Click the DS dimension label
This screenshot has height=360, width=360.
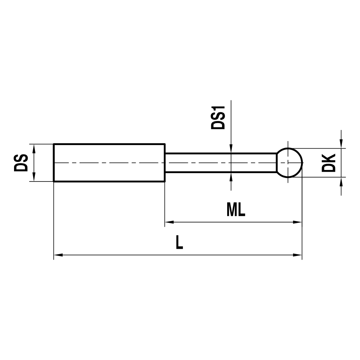pyautogui.click(x=21, y=163)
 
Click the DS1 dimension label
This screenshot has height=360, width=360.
pyautogui.click(x=218, y=117)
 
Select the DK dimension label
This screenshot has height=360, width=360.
pyautogui.click(x=328, y=163)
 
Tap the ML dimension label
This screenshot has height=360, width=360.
pyautogui.click(x=236, y=210)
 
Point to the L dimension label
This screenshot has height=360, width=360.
pyautogui.click(x=179, y=242)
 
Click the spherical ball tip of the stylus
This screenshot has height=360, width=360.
pyautogui.click(x=289, y=163)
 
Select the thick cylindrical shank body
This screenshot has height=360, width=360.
pyautogui.click(x=109, y=163)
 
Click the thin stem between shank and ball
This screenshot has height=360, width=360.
pyautogui.click(x=220, y=163)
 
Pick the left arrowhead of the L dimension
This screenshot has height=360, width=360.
pyautogui.click(x=58, y=255)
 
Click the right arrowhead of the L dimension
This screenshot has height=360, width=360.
pyautogui.click(x=297, y=255)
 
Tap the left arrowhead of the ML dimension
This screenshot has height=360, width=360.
pyautogui.click(x=169, y=222)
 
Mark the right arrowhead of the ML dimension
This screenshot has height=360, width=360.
pyautogui.click(x=297, y=222)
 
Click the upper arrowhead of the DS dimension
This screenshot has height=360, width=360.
pyautogui.click(x=34, y=148)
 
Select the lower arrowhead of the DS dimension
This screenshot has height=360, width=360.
pyautogui.click(x=34, y=177)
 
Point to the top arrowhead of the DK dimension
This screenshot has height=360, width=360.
pyautogui.click(x=341, y=144)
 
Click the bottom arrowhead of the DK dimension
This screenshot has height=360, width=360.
pyautogui.click(x=341, y=181)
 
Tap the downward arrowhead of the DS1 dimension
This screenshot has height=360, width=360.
pyautogui.click(x=231, y=149)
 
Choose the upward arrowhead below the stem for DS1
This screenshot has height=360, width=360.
pyautogui.click(x=231, y=176)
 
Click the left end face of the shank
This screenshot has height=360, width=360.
pyautogui.click(x=54, y=163)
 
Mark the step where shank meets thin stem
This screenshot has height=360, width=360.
pyautogui.click(x=165, y=163)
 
